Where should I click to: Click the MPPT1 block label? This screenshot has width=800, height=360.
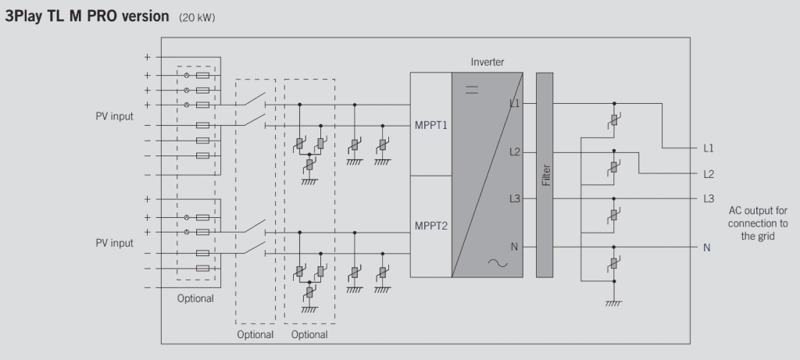click(x=430, y=125)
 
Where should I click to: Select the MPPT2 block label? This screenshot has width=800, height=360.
click(x=430, y=226)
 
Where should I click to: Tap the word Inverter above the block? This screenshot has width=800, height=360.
click(x=487, y=62)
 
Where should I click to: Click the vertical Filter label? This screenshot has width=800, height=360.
click(x=546, y=175)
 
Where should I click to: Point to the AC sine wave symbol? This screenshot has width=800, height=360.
click(x=498, y=263)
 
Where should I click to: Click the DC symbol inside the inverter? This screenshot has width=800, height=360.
click(x=472, y=91)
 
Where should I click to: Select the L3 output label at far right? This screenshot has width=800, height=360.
click(x=709, y=199)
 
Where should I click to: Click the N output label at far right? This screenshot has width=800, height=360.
click(x=706, y=248)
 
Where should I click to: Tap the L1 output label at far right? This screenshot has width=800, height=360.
click(x=709, y=148)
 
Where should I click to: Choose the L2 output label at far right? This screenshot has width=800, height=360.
click(x=709, y=174)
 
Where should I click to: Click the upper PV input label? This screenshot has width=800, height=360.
click(x=114, y=116)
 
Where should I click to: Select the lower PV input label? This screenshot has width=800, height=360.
click(x=114, y=243)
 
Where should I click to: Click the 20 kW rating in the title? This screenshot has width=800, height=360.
click(x=197, y=18)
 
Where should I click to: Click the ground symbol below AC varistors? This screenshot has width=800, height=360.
click(x=614, y=304)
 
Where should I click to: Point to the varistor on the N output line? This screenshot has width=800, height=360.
click(x=614, y=263)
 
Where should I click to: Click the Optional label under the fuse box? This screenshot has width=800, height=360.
click(x=195, y=299)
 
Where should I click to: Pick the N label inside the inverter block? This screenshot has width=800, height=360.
click(x=514, y=247)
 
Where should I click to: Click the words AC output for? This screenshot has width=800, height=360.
click(x=758, y=211)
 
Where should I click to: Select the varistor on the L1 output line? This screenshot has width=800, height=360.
click(x=614, y=119)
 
